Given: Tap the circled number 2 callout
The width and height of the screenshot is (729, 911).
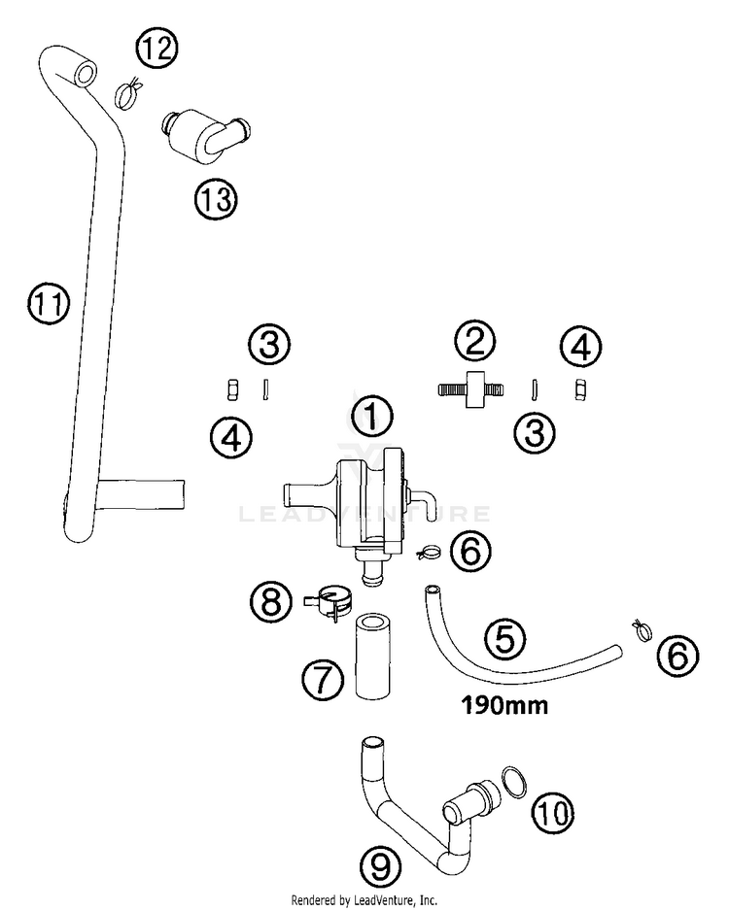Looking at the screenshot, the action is (474, 342).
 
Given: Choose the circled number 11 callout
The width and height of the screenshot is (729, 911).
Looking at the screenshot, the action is (49, 303).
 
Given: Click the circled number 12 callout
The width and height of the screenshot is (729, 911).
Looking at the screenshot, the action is (156, 48).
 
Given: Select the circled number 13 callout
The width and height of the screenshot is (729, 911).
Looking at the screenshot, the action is (216, 199).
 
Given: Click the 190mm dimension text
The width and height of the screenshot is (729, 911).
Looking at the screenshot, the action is (504, 705).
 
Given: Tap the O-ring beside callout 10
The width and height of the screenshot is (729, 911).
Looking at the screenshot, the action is (514, 782).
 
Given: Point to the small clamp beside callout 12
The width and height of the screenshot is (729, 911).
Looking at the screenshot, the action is (128, 93).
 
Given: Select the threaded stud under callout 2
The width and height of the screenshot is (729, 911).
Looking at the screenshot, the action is (470, 388).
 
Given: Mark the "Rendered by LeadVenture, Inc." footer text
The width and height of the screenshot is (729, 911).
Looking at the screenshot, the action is (364, 900).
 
